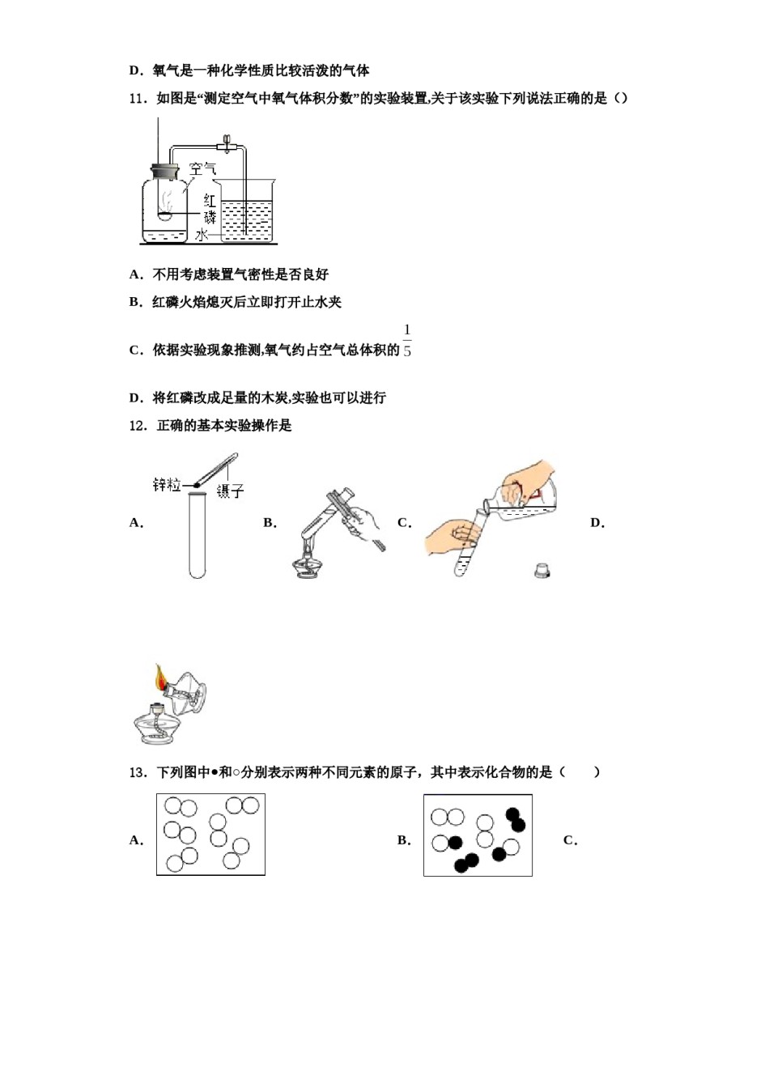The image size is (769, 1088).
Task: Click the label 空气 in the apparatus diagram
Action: point(202,169)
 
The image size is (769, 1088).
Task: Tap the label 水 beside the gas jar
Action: point(202,235)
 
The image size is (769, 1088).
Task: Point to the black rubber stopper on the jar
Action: point(164,171)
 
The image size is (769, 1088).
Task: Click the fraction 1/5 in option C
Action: point(407,341)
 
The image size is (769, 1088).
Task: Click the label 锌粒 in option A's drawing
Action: point(166,485)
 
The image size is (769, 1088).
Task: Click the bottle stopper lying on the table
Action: point(542,570)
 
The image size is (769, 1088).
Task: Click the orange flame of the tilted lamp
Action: point(160,678)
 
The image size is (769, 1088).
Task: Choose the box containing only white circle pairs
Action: point(210,835)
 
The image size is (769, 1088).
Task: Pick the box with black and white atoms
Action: point(478,835)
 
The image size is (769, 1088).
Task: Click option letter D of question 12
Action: point(597,523)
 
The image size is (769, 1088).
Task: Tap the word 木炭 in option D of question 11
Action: point(270,398)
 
